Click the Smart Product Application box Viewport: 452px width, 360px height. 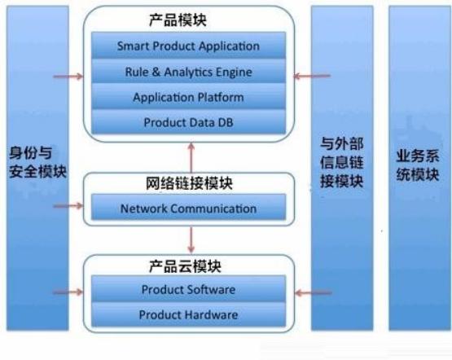tap(188, 46)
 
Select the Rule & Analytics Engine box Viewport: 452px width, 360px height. tap(188, 71)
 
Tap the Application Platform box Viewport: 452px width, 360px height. tap(188, 97)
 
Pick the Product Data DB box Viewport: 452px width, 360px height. tap(188, 122)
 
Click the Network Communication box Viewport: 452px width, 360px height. tap(188, 208)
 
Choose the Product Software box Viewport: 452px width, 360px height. tap(188, 289)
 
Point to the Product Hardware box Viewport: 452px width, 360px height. tap(188, 314)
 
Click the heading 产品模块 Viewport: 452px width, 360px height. tap(178, 20)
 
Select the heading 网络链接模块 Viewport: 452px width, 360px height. tap(189, 183)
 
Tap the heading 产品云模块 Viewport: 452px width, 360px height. tap(185, 266)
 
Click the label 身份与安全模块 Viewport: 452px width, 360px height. tap(37, 162)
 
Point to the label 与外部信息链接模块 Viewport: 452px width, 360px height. tap(342, 162)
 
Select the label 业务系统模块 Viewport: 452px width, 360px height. tap(418, 165)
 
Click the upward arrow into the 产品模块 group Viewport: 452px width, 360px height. tap(191, 158)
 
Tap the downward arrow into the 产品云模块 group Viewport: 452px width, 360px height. tap(191, 239)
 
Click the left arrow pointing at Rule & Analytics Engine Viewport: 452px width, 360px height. tap(68, 77)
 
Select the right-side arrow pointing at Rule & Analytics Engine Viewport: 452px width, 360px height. tap(312, 76)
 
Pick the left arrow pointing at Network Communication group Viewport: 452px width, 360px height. tap(68, 206)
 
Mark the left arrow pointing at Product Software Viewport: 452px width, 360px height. tap(68, 292)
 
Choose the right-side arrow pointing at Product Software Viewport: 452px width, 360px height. tap(314, 293)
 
